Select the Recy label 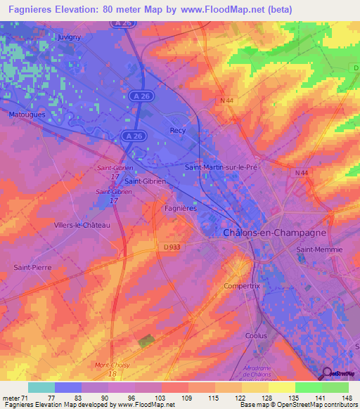(x=177, y=130)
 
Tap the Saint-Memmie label (x=319, y=249)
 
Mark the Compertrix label (x=241, y=286)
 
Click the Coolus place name (x=255, y=336)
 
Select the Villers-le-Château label (x=82, y=225)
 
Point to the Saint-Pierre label (x=30, y=268)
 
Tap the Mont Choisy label (x=112, y=365)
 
